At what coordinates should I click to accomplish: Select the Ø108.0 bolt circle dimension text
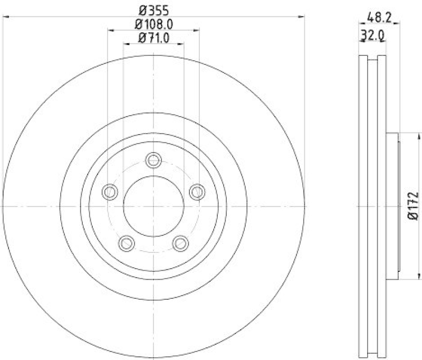pos(154,24)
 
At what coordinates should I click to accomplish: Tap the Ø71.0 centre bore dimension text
pos(154,37)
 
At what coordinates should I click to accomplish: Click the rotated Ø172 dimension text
pos(413,206)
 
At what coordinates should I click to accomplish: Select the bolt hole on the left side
pos(110,192)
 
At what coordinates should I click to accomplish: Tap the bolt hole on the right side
pos(197,192)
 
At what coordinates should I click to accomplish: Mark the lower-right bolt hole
pos(181,243)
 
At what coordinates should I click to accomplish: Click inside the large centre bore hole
pos(154,206)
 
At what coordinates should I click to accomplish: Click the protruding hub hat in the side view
pos(392,206)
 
